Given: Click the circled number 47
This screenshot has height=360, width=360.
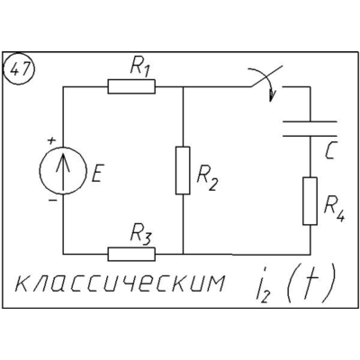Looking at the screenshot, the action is tap(19, 69).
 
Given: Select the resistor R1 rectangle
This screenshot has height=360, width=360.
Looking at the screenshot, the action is tap(131, 86).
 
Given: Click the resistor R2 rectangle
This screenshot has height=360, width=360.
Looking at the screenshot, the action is tap(183, 170).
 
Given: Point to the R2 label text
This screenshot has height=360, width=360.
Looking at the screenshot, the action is tap(207, 181).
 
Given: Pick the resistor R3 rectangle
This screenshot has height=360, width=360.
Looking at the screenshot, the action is tap(131, 254).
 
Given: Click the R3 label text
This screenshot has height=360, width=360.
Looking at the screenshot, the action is tap(140, 235).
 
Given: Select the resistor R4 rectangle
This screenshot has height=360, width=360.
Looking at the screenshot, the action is tap(310, 201).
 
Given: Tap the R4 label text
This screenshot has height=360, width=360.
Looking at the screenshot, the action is tap(334, 209).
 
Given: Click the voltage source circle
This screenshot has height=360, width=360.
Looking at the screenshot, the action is tap(63, 170).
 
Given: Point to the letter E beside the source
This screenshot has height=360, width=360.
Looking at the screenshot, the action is tap(97, 174).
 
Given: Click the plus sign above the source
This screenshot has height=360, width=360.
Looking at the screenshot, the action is tap(52, 140).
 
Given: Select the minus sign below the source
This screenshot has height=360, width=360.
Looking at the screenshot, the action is tap(53, 200).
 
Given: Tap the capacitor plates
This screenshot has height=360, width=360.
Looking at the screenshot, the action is tap(310, 129).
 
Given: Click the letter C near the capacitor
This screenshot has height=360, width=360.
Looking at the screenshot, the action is tap(330, 150).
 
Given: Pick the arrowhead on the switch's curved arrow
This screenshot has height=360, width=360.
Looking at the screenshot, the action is tap(273, 96).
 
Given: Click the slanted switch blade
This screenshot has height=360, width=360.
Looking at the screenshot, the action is tap(266, 76).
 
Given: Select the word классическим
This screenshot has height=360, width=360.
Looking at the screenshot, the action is tap(120, 283).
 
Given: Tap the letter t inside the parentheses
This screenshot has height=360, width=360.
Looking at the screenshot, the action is tap(310, 282).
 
